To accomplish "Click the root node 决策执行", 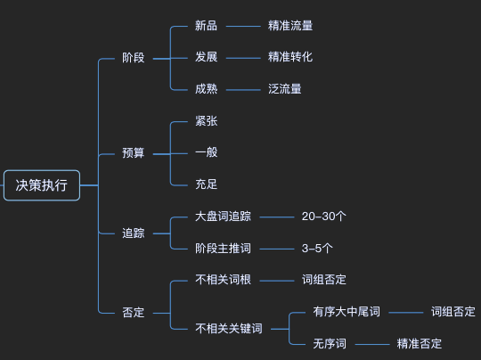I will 41,185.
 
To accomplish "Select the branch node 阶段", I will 132,58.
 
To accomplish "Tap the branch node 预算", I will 132,153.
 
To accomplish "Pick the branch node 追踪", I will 132,233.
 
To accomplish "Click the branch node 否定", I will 132,313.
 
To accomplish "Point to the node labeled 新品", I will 206,26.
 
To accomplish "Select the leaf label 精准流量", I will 289,26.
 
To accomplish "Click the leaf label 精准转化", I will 289,58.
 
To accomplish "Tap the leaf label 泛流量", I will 284,89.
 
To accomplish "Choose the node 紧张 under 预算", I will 206,121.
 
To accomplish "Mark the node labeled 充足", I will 206,184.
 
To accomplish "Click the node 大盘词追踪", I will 223,217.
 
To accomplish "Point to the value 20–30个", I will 324,217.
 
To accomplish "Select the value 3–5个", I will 318,249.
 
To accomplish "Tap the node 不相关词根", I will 223,280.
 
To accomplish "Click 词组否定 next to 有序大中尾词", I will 453,312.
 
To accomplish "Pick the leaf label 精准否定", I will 420,344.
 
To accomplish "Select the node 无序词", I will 329,344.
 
